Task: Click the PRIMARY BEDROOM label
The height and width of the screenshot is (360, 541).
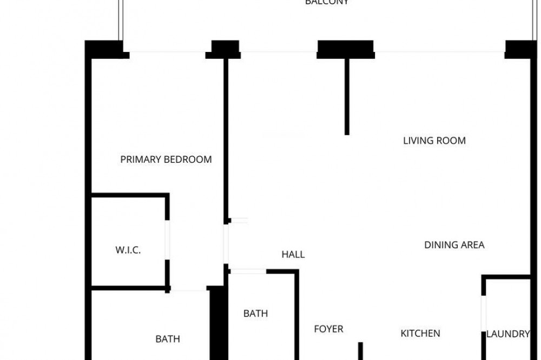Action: point(166,159)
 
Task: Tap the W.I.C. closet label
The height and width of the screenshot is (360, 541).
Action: point(128,250)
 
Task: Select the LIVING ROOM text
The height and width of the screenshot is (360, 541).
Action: point(434,141)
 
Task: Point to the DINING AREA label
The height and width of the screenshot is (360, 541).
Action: point(454,245)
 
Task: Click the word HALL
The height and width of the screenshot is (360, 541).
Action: point(293,255)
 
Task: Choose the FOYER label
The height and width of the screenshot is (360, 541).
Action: point(328,329)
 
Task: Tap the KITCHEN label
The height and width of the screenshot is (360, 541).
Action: point(420,334)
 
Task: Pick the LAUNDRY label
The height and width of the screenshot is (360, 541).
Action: point(507,334)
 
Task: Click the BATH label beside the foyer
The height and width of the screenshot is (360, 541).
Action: point(255,314)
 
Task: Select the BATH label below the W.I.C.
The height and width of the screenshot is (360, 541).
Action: point(168,339)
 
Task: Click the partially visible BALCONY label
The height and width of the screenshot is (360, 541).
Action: point(327,2)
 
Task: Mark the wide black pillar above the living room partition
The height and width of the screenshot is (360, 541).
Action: point(346,49)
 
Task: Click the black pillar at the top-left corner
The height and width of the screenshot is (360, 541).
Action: point(105,49)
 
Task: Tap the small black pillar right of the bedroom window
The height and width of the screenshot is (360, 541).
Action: point(225,49)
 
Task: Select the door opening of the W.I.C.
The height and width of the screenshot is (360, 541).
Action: point(168,240)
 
